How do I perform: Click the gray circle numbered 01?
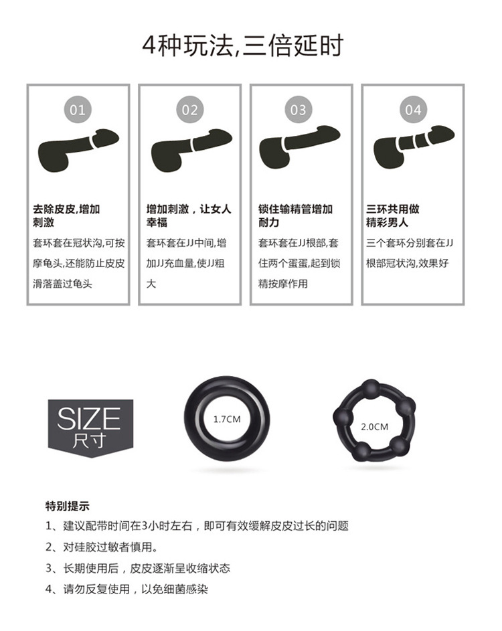(x=78, y=109)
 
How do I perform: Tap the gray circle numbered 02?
(x=189, y=109)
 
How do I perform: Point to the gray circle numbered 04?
(x=413, y=109)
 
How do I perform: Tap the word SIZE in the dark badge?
(x=89, y=419)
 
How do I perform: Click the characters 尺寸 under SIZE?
(x=89, y=442)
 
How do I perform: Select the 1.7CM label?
(x=226, y=420)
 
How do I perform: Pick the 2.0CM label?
(x=374, y=426)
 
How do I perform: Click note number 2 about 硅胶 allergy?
(x=101, y=547)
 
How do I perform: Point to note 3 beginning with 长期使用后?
(x=137, y=568)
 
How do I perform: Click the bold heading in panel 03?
(x=295, y=215)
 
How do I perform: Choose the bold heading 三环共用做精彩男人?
(x=393, y=215)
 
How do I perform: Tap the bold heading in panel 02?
(x=189, y=215)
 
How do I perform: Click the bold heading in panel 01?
(x=66, y=215)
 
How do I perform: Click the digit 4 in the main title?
(x=149, y=46)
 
